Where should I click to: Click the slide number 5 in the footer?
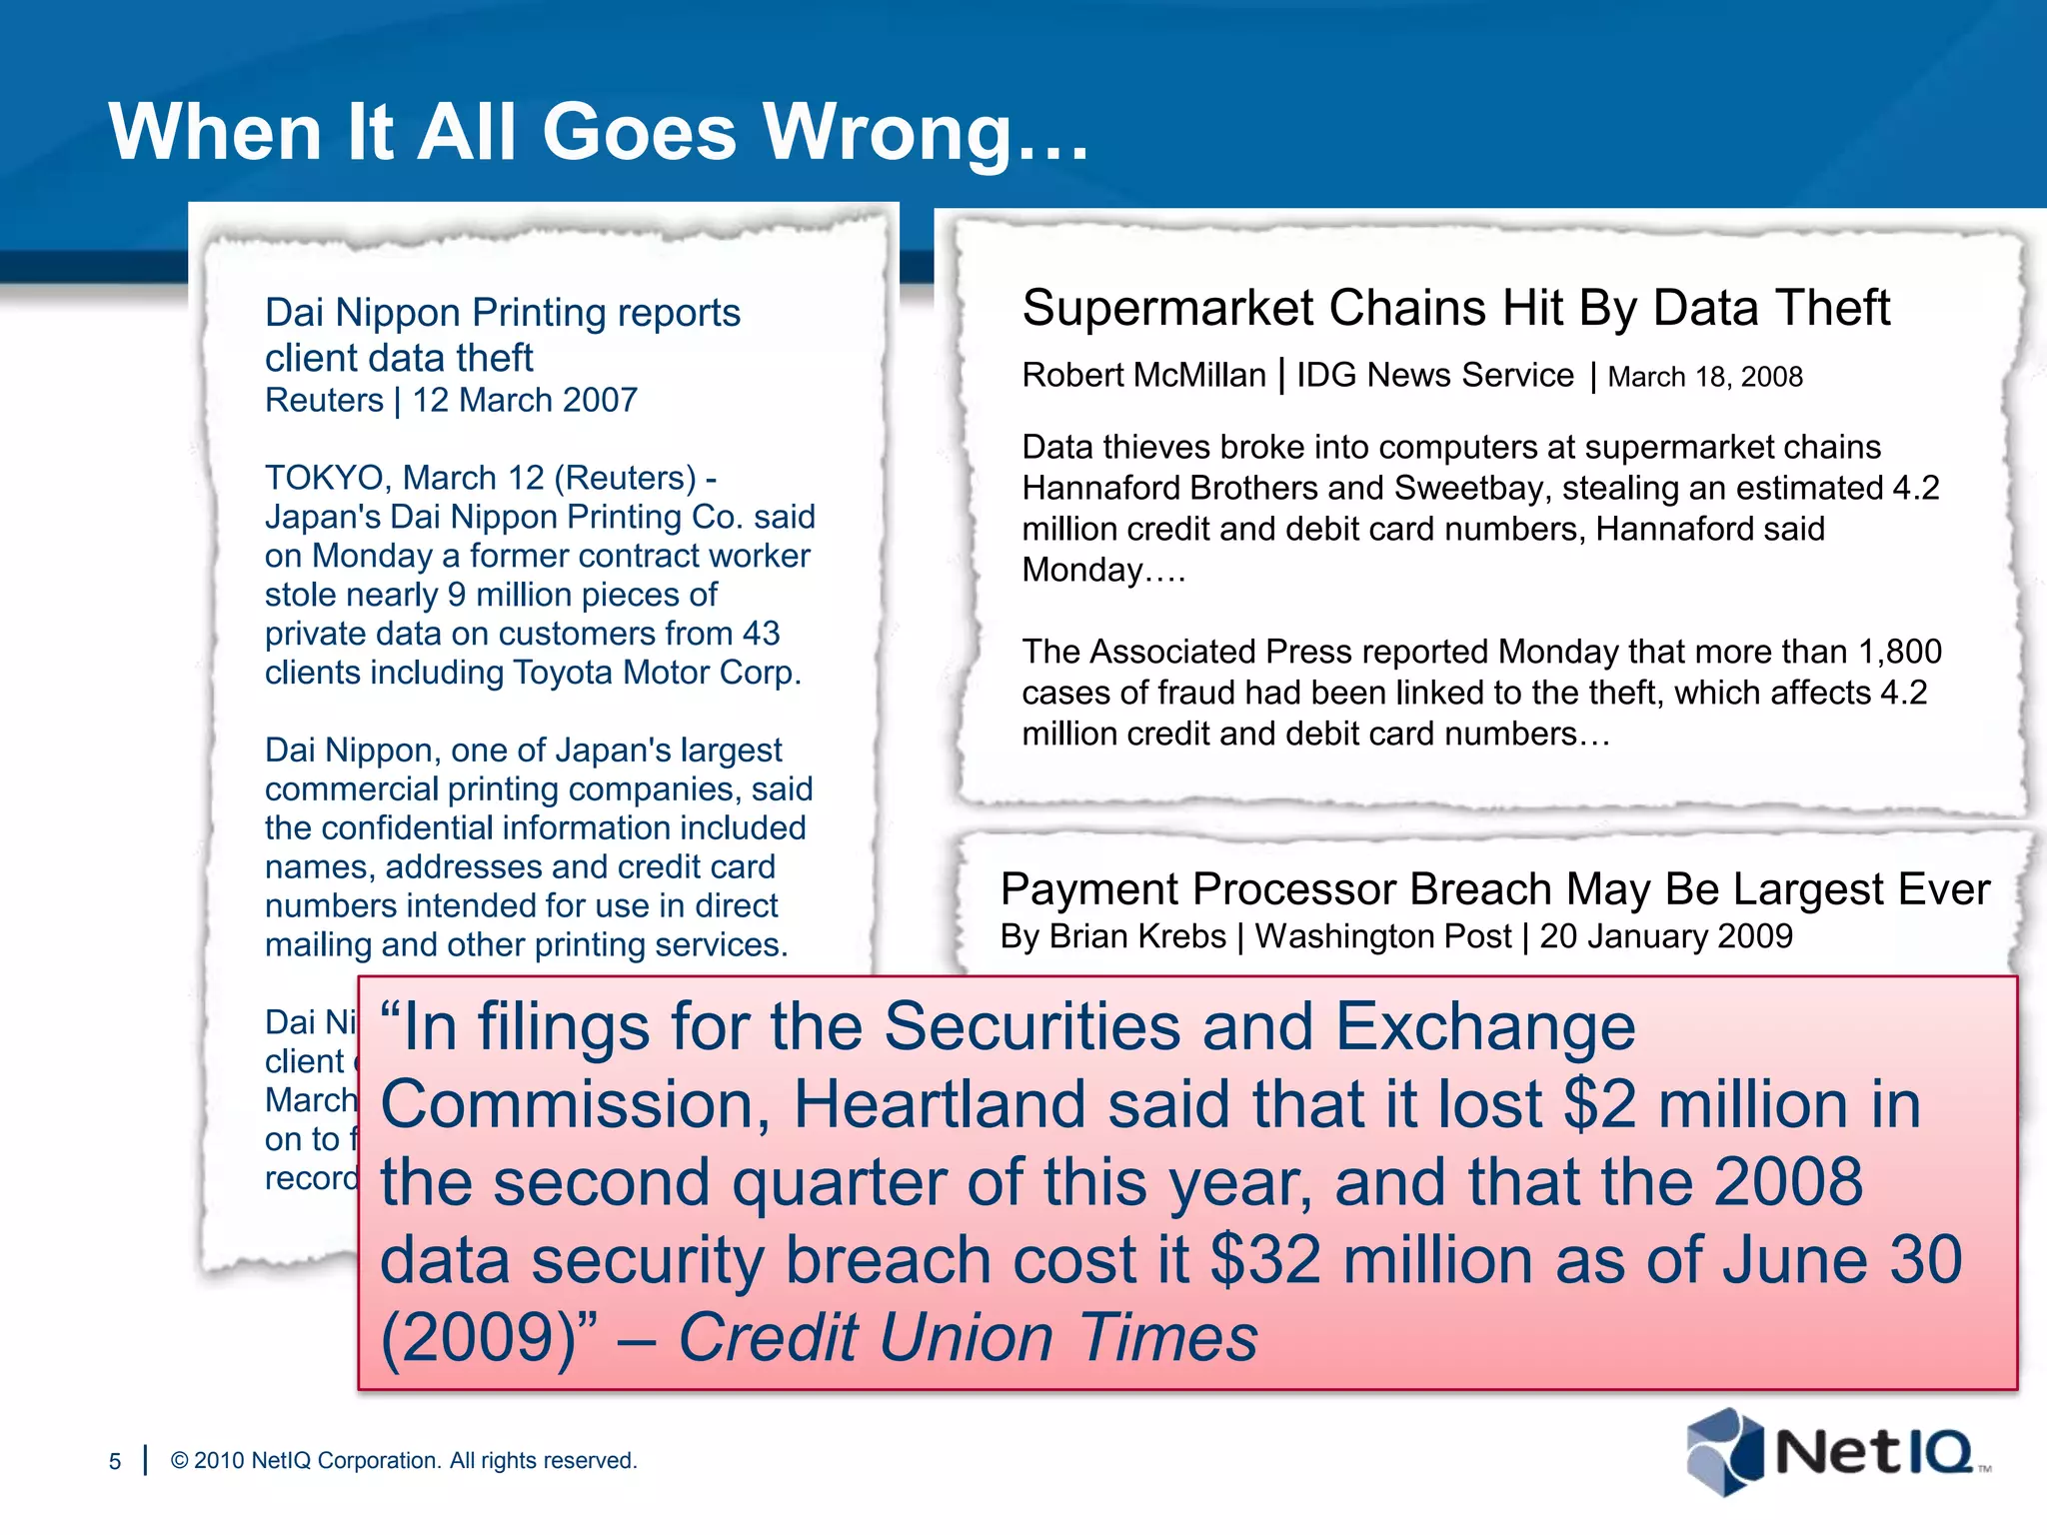coord(115,1461)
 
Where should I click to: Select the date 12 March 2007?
coord(525,400)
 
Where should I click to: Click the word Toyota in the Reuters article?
coord(564,673)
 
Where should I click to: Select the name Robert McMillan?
coord(1143,375)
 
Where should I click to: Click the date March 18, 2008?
coord(1705,377)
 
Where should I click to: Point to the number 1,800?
coord(1899,652)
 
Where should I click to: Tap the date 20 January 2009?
coord(1666,936)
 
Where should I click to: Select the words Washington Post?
coord(1383,936)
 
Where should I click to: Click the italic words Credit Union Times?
coord(968,1337)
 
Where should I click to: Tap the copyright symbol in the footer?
coord(180,1461)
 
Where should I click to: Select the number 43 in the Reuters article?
coord(761,634)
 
